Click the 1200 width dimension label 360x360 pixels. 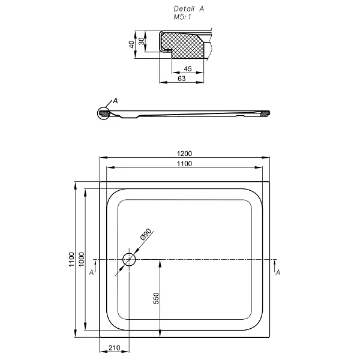point(184,154)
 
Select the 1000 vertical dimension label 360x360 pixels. point(82,259)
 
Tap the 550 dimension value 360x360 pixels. point(156,298)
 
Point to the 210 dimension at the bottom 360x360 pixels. point(115,348)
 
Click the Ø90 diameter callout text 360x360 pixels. point(146,234)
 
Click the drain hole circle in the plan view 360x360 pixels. point(129,259)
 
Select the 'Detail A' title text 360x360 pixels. point(189,9)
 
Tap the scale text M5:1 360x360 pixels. point(182,17)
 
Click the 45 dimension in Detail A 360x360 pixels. point(188,68)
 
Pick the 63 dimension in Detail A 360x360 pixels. point(181,79)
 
